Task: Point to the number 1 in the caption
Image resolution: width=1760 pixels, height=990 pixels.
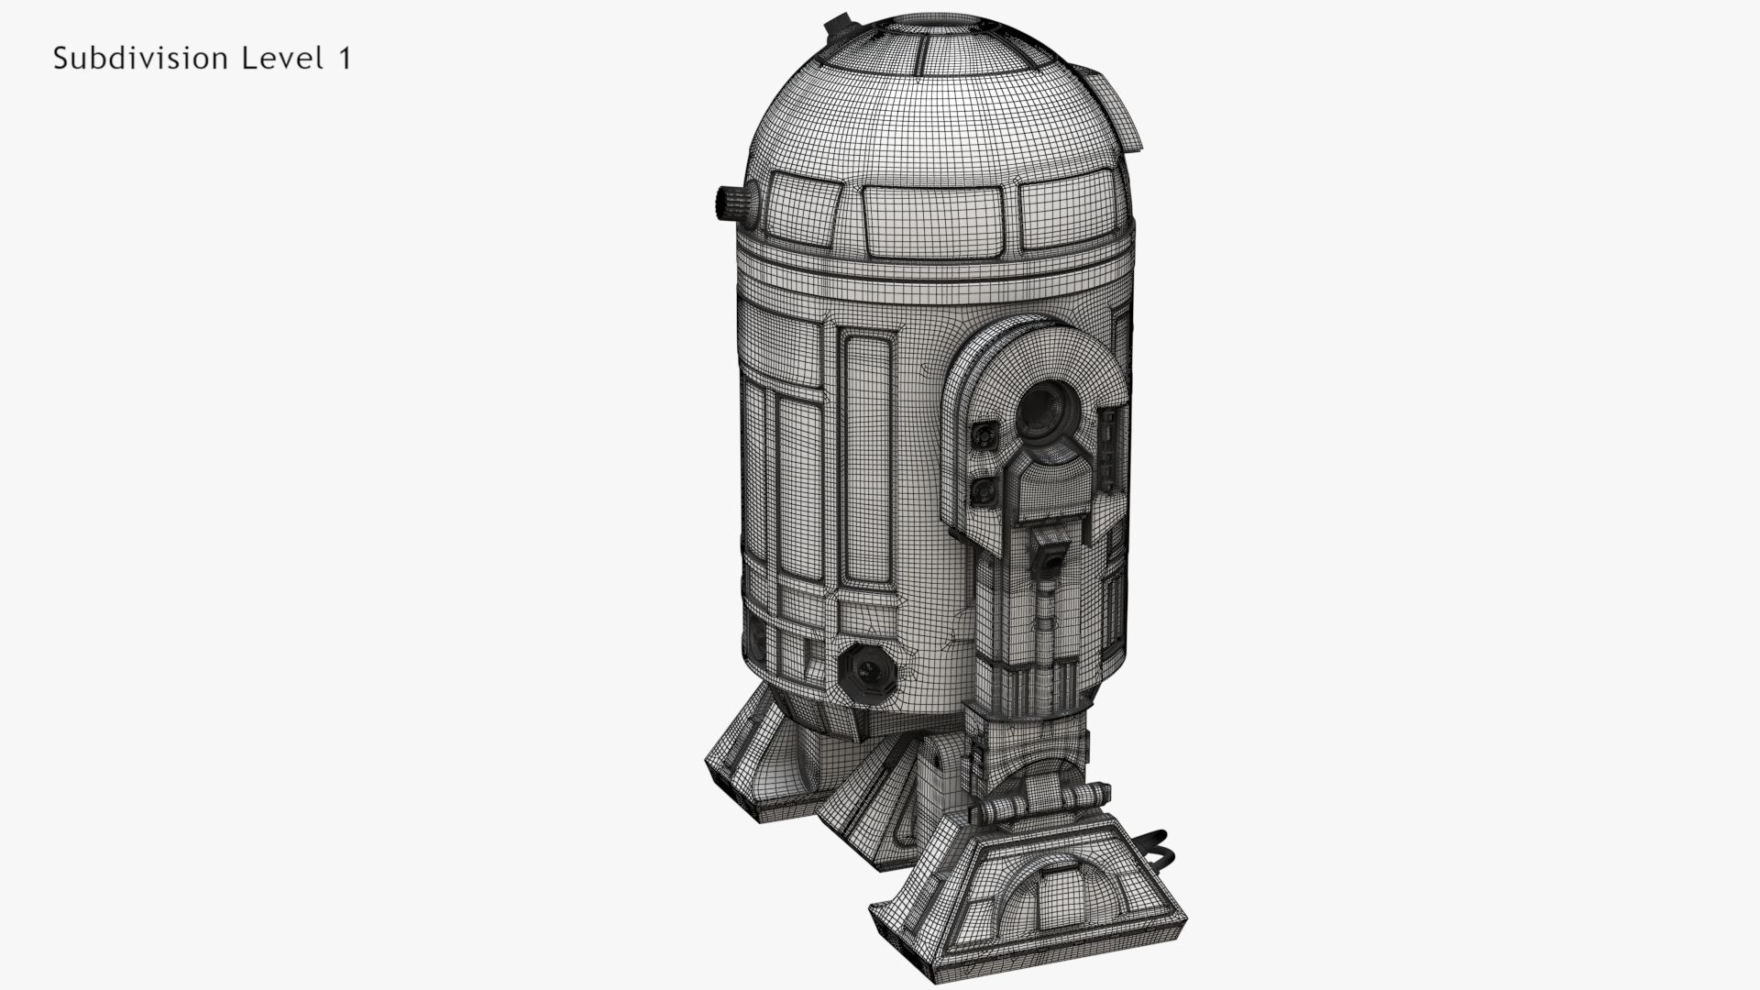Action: (344, 59)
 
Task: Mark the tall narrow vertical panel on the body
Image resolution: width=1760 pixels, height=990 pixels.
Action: (867, 458)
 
